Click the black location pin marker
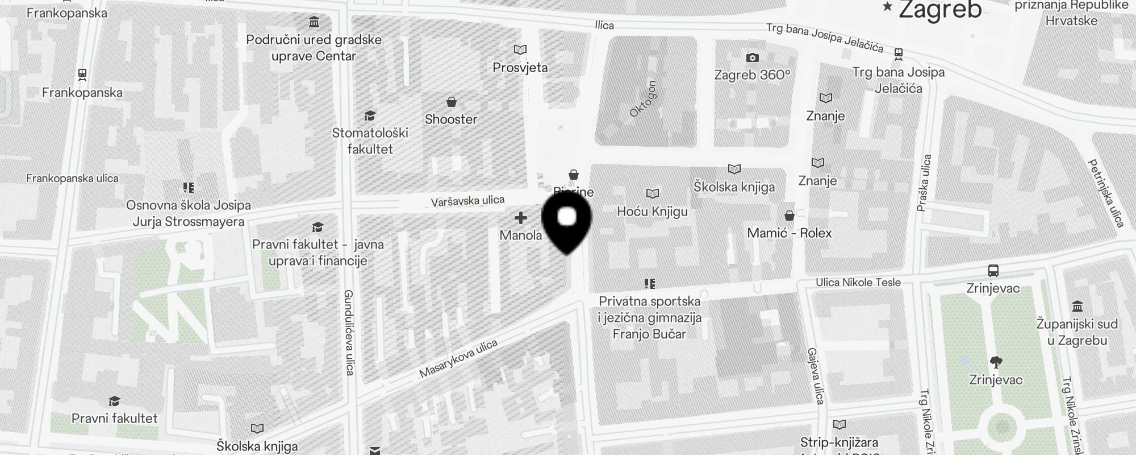point(567,222)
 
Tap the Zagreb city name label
point(939,10)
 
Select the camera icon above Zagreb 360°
point(752,57)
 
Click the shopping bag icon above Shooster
point(452,102)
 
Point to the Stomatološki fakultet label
point(370,140)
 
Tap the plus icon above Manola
point(520,218)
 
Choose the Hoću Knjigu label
point(652,212)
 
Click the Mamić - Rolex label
point(789,233)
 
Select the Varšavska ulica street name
point(467,201)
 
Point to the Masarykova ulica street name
point(458,358)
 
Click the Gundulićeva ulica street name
point(349,333)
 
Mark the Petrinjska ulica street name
point(1106,193)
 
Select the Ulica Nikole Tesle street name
point(858,282)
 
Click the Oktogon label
point(643,99)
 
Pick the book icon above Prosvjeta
point(520,50)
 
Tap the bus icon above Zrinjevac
point(993,270)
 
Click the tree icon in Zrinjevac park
point(996,362)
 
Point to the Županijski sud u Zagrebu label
point(1076,332)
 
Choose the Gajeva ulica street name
point(816,376)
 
